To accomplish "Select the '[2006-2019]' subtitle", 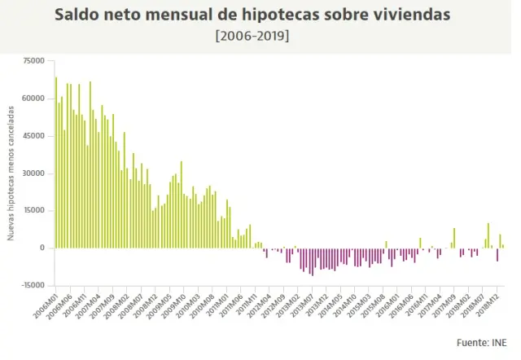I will click(260, 37).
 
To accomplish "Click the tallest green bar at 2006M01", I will click(56, 163).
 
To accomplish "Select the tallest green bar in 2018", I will click(488, 235).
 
